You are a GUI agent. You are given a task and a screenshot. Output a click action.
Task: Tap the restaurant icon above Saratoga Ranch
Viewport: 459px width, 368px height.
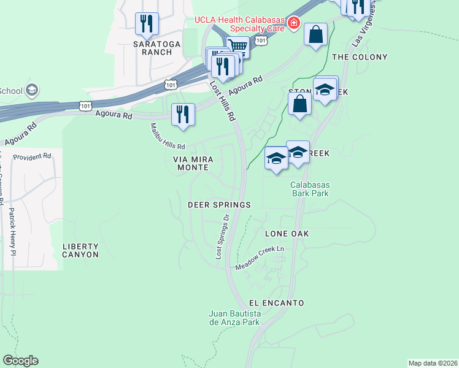pos(147,24)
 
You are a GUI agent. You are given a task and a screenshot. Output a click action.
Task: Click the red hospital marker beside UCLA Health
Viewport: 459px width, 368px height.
pos(294,23)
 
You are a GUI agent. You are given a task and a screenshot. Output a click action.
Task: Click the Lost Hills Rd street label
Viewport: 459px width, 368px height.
pos(223,101)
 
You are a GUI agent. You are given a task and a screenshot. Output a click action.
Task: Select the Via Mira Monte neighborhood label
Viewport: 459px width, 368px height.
pos(193,163)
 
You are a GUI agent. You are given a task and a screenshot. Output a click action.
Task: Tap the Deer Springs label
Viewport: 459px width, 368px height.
pos(219,205)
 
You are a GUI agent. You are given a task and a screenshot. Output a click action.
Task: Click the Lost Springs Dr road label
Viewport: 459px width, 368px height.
pos(222,237)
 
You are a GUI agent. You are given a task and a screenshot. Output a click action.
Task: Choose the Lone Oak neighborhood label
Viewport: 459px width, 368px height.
pos(287,234)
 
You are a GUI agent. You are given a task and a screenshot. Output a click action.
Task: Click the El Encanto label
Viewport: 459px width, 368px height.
pos(277,303)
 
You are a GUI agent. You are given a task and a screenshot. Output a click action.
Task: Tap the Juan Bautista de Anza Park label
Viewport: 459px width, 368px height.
pos(235,318)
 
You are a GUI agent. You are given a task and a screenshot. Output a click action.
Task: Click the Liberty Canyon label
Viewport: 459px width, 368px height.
pos(80,250)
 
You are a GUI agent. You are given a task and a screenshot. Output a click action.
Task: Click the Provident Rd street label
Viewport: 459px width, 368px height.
pos(32,157)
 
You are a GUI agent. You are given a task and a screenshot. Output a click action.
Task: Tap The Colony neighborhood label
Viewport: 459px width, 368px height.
pos(360,57)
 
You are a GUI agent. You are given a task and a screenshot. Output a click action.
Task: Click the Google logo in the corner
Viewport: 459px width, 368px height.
pos(20,361)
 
